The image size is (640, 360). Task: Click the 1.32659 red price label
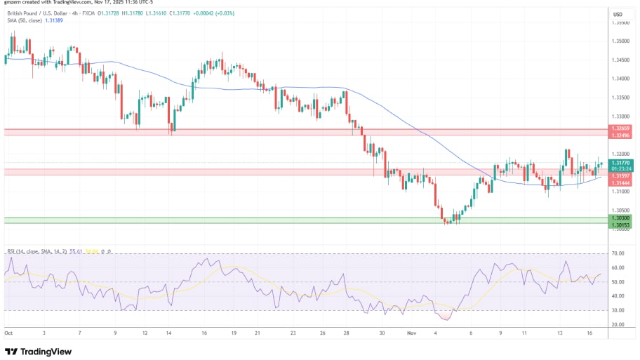tap(620, 128)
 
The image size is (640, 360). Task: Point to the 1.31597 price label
tap(620, 175)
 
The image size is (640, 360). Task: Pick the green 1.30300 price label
tap(620, 218)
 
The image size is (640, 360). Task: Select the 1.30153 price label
tap(620, 225)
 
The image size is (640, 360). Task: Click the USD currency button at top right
tap(618, 14)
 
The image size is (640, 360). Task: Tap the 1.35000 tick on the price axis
tap(620, 41)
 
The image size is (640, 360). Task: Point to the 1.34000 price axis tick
tap(620, 79)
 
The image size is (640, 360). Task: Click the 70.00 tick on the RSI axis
tap(618, 253)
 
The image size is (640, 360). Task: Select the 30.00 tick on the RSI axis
tap(618, 310)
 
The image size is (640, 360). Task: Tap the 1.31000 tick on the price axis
tap(620, 191)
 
